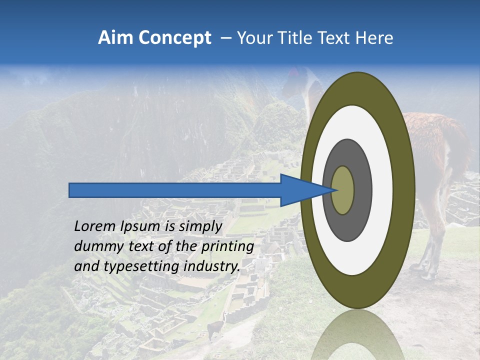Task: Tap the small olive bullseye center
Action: (x=342, y=190)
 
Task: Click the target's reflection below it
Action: (x=357, y=335)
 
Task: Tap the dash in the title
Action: (x=225, y=38)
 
